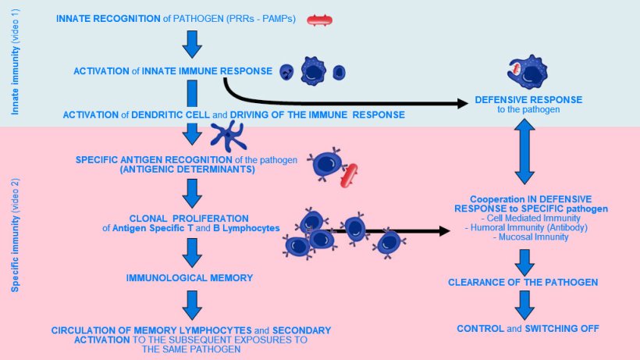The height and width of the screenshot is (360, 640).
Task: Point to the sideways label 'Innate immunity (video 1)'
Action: point(15,59)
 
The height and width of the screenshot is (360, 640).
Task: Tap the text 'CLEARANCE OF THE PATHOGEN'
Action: point(523,282)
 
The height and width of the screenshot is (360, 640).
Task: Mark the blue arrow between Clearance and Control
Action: point(524,304)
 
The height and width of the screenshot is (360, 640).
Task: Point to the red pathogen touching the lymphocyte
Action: point(349,176)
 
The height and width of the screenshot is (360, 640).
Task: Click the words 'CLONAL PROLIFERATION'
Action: point(190,218)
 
